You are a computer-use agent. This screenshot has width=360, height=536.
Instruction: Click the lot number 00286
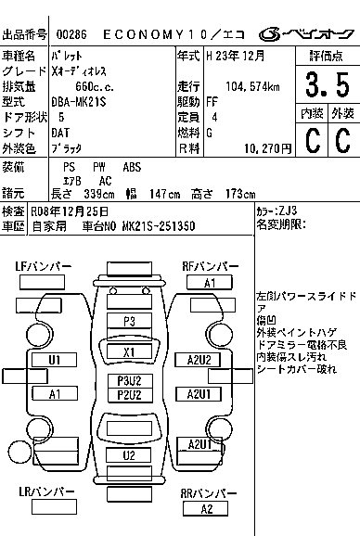pyautogui.click(x=71, y=34)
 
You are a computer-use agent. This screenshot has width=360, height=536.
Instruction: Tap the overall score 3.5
pyautogui.click(x=328, y=84)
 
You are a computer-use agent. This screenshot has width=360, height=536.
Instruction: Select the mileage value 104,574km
pyautogui.click(x=252, y=86)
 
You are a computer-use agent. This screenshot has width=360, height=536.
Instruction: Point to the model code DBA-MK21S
pyautogui.click(x=79, y=102)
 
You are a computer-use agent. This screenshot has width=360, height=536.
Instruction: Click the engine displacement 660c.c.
pyautogui.click(x=95, y=86)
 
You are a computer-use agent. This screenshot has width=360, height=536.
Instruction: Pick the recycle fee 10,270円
pyautogui.click(x=268, y=148)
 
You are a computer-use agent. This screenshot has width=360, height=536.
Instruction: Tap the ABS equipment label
pyautogui.click(x=132, y=167)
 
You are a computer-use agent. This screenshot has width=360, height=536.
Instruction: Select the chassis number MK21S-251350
pyautogui.click(x=159, y=226)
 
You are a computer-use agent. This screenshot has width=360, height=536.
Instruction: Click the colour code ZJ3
pyautogui.click(x=288, y=211)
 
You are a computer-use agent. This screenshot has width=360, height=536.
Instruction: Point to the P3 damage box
pyautogui.click(x=129, y=322)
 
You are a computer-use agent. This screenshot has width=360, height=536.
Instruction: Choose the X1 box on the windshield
pyautogui.click(x=129, y=351)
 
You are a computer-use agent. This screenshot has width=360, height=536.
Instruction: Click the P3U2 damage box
pyautogui.click(x=130, y=381)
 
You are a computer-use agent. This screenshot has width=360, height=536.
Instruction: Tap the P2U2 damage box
pyautogui.click(x=130, y=395)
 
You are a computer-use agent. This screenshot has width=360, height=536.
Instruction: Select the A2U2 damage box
pyautogui.click(x=198, y=360)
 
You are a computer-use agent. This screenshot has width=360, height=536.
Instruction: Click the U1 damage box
pyautogui.click(x=55, y=360)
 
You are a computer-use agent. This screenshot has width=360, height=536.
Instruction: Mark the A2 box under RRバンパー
pyautogui.click(x=205, y=509)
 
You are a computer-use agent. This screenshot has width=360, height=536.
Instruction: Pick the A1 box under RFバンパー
pyautogui.click(x=210, y=283)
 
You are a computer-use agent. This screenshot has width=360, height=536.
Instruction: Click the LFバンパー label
pyautogui.click(x=44, y=267)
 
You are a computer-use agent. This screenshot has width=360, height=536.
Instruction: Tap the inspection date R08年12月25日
pyautogui.click(x=70, y=211)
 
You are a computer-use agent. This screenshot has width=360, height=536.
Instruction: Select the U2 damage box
pyautogui.click(x=128, y=455)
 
